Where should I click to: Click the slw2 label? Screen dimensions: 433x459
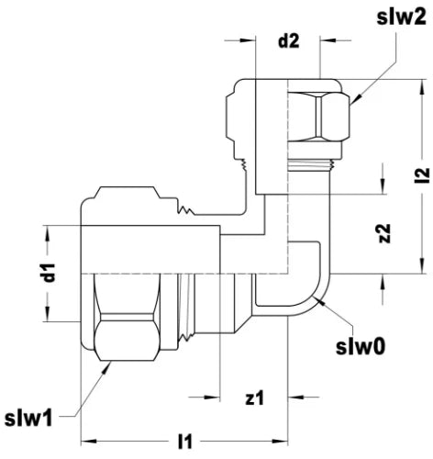[401, 17]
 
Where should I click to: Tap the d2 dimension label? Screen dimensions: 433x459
[288, 40]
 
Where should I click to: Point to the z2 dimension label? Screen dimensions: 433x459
[383, 233]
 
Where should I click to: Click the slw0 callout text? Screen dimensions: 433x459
[361, 347]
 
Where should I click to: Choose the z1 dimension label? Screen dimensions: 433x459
[254, 397]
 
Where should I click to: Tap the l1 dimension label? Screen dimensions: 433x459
[185, 442]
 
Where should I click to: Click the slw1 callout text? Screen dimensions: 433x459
[28, 418]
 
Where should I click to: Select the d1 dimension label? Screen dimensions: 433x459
[49, 273]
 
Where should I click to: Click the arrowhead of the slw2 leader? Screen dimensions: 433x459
[356, 99]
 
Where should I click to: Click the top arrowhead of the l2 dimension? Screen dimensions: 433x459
[422, 87]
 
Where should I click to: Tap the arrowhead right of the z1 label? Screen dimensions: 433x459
[296, 397]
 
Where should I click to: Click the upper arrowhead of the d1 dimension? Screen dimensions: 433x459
[48, 233]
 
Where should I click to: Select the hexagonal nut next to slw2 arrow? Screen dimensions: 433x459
[318, 118]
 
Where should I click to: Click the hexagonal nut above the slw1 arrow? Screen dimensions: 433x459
[127, 337]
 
